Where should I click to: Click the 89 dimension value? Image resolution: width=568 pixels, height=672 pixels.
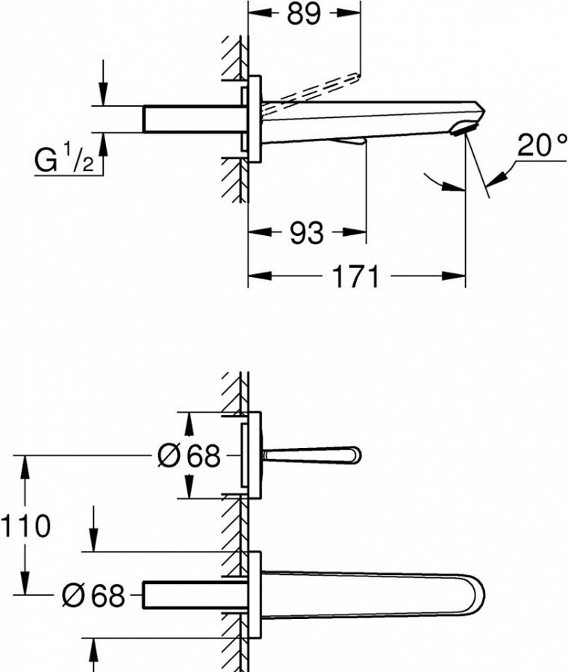pyautogui.click(x=303, y=13)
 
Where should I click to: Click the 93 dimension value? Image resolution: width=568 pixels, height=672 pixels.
pyautogui.click(x=307, y=233)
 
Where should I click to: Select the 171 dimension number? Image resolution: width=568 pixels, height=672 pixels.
pyautogui.click(x=355, y=276)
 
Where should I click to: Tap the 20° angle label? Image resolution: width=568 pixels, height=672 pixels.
pyautogui.click(x=541, y=146)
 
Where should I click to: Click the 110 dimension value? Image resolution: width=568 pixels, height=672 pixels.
pyautogui.click(x=25, y=526)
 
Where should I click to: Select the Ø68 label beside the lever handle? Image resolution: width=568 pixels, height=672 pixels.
pyautogui.click(x=189, y=455)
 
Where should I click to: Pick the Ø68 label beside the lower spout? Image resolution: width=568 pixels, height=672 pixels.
pyautogui.click(x=93, y=595)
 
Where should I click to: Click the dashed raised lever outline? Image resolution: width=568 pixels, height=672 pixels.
pyautogui.click(x=310, y=91)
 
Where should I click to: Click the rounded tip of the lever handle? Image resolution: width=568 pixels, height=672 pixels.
pyautogui.click(x=355, y=455)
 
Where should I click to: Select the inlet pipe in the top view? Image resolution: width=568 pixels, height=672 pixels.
pyautogui.click(x=195, y=118)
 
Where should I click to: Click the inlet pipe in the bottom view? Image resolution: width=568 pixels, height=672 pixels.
pyautogui.click(x=195, y=595)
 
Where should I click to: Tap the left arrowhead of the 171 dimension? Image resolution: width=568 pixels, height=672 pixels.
pyautogui.click(x=260, y=276)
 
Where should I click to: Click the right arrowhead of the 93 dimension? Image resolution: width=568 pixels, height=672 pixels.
pyautogui.click(x=355, y=233)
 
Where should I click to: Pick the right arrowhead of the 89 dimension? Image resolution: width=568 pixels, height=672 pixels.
pyautogui.click(x=349, y=13)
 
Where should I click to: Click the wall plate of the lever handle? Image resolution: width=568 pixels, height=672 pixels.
pyautogui.click(x=255, y=455)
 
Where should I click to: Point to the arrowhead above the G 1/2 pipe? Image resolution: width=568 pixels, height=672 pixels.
pyautogui.click(x=103, y=93)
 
